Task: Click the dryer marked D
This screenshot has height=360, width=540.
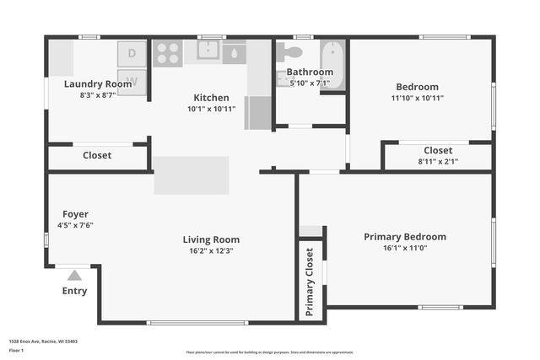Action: click(x=132, y=53)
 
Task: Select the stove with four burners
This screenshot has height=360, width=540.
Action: click(x=168, y=53)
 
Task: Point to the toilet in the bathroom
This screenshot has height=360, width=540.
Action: click(x=290, y=52)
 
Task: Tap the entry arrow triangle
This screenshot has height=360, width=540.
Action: click(x=74, y=275)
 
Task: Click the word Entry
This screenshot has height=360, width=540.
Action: click(x=74, y=291)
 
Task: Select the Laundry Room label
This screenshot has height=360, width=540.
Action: click(x=98, y=84)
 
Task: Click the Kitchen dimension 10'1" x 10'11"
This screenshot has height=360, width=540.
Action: click(x=211, y=110)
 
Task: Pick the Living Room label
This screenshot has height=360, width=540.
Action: click(x=211, y=239)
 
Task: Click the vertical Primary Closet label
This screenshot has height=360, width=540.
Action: click(x=310, y=282)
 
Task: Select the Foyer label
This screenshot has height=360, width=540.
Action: click(x=75, y=214)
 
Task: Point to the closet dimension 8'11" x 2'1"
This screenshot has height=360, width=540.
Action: click(x=438, y=162)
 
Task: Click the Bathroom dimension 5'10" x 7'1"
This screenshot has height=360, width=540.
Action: click(x=310, y=83)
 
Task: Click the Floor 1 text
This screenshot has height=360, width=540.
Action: click(x=16, y=350)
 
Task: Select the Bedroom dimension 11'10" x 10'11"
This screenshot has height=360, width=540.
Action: click(x=417, y=98)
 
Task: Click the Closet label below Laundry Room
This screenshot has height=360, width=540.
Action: click(x=97, y=155)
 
